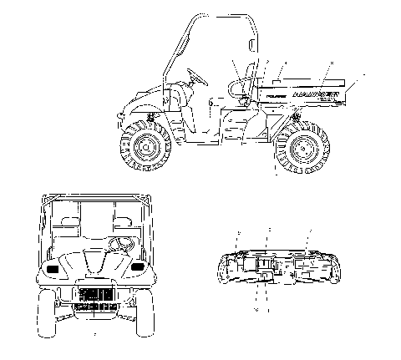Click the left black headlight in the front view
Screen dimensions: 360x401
[53, 269]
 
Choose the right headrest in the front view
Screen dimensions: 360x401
[124, 221]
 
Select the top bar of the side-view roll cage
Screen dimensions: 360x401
[221, 18]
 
